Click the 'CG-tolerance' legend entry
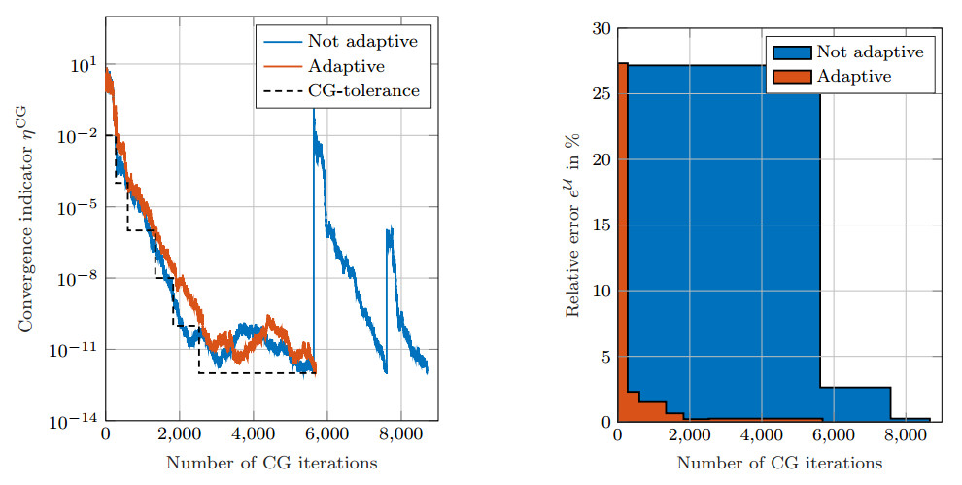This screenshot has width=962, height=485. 363,90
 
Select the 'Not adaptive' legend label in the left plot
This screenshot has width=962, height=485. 362,41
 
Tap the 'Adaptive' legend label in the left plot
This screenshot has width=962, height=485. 346,66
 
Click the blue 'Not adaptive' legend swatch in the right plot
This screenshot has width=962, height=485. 791,52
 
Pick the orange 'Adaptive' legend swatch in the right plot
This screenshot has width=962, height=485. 791,77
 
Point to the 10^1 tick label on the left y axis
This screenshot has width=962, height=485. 84,64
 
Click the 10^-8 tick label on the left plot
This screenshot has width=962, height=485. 77,278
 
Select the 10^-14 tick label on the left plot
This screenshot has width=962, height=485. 74,421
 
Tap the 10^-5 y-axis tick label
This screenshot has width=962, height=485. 77,207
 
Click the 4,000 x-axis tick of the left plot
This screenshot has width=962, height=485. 254,434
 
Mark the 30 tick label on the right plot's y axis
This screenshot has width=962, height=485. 601,29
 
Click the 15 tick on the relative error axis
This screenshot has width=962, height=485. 601,225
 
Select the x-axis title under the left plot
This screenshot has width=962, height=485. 271,463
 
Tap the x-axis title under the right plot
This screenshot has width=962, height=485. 779,463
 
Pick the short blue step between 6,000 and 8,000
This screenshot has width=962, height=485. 855,404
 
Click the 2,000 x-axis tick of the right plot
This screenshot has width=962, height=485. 690,434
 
